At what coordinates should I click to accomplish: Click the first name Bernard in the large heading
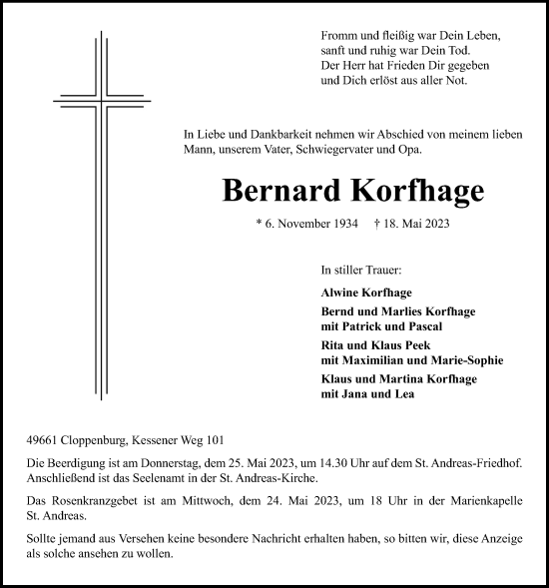pyautogui.click(x=258, y=190)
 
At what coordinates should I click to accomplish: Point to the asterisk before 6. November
pyautogui.click(x=260, y=226)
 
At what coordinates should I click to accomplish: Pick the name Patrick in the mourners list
pyautogui.click(x=366, y=326)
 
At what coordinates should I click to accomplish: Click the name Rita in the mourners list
pyautogui.click(x=333, y=344)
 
